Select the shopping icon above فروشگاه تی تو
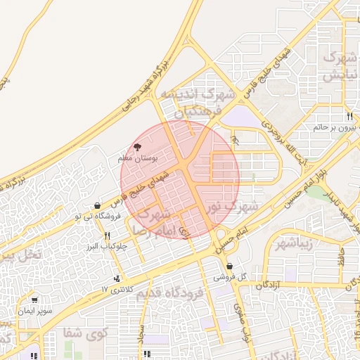[x=96, y=205]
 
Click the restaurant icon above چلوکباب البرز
[x=107, y=236]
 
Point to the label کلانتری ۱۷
[x=115, y=289]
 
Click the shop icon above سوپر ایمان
[x=33, y=300]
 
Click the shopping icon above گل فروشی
[x=231, y=266]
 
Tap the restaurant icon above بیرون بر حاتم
[x=349, y=116]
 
